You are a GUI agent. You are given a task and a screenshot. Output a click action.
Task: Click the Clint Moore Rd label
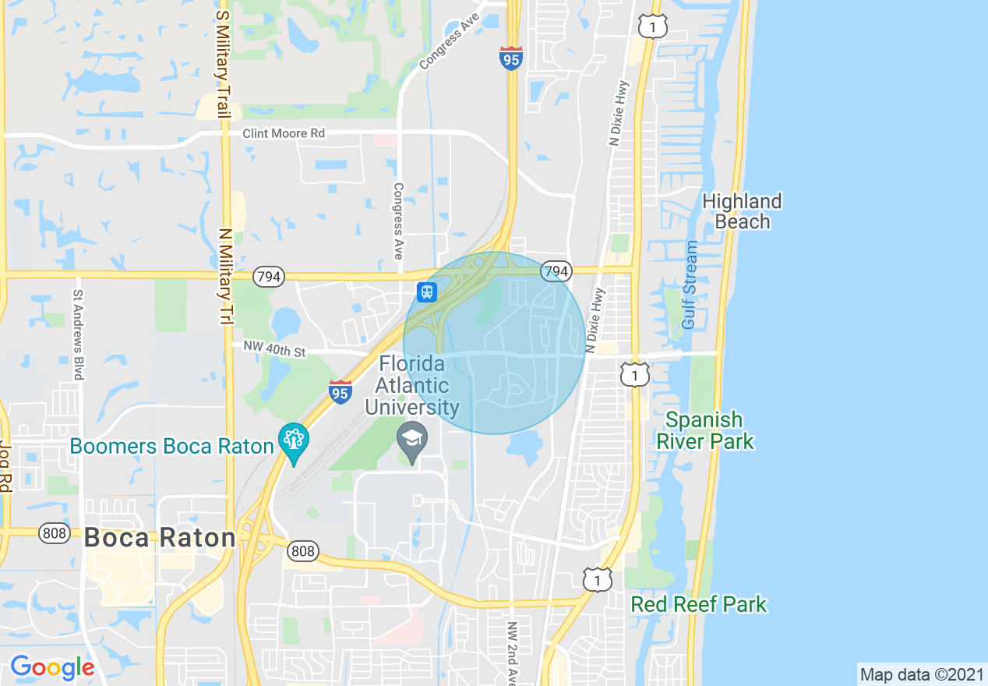coord(284,133)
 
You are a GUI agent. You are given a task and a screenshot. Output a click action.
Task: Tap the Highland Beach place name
coord(741,211)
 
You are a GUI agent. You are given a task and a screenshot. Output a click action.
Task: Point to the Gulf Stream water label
coord(690,285)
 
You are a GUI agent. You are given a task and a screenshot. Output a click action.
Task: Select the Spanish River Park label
coord(704,430)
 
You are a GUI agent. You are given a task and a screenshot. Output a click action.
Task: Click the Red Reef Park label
coord(698,604)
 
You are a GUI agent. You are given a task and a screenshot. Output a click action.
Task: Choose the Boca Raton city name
coord(159,538)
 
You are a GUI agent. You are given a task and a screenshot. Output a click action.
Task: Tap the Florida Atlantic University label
coord(411,385)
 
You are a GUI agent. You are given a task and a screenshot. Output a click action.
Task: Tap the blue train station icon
coord(426,292)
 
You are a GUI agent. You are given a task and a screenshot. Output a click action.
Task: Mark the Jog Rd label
coord(7,465)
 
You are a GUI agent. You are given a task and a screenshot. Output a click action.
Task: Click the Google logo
coord(52,667)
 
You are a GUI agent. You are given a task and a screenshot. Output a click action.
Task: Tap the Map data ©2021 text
coord(920,674)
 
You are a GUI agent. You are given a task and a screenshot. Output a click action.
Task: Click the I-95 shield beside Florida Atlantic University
coord(340,392)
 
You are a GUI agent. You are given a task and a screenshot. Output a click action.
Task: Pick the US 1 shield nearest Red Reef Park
coord(597,579)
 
